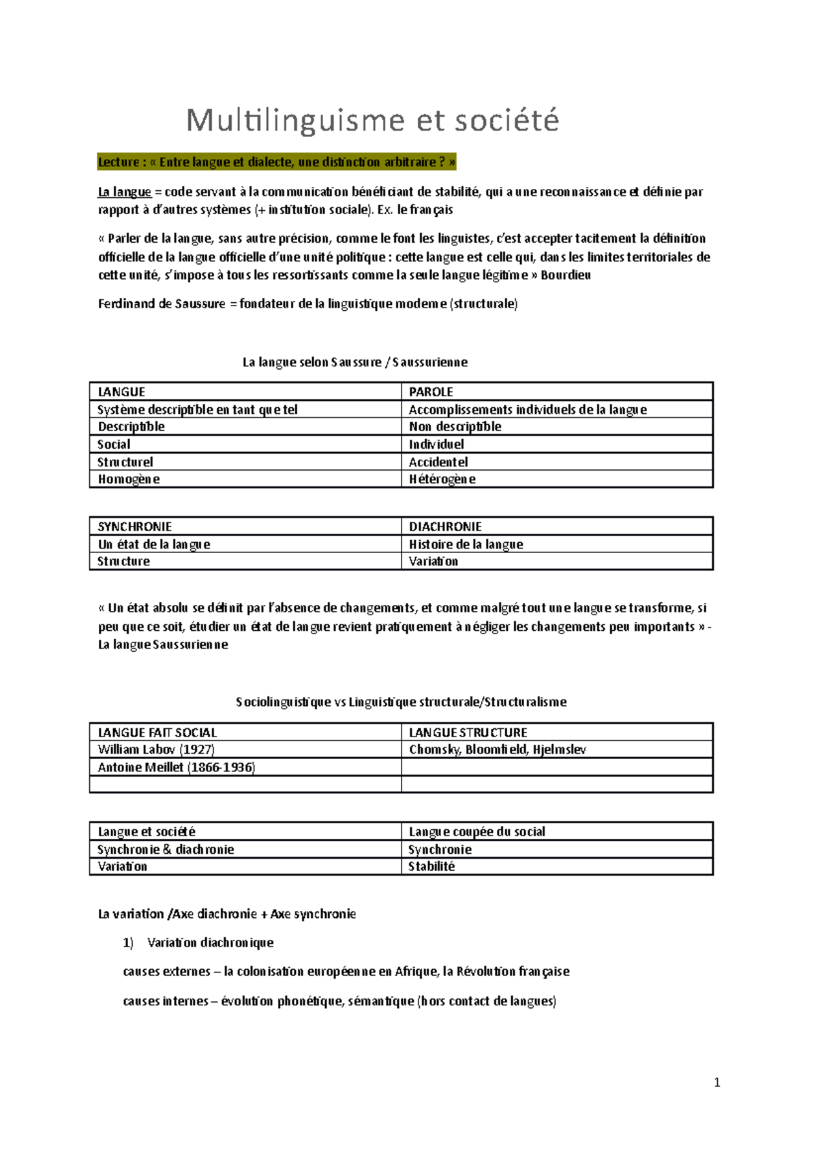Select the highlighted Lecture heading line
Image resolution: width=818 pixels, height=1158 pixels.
(x=276, y=162)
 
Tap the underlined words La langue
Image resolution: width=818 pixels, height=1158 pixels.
(x=124, y=192)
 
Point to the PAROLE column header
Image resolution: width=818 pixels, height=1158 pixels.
(x=431, y=391)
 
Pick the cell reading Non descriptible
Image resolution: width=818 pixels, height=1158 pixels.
(x=455, y=427)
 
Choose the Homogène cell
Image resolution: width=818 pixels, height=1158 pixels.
(x=129, y=479)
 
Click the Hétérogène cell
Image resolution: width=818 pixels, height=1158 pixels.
(x=442, y=479)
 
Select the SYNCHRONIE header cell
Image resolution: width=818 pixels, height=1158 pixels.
(x=134, y=526)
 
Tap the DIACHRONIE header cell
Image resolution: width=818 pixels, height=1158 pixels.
(x=445, y=526)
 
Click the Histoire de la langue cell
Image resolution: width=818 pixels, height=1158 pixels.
(x=466, y=544)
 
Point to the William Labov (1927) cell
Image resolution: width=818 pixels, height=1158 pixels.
(x=156, y=749)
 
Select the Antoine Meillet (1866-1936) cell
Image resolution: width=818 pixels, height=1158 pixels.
(x=176, y=767)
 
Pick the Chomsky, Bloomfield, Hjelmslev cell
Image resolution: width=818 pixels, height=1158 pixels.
(x=497, y=749)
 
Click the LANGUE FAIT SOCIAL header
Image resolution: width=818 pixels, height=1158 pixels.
(x=157, y=732)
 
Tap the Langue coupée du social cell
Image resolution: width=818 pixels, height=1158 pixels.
(x=476, y=831)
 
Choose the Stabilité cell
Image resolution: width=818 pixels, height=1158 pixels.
(x=431, y=867)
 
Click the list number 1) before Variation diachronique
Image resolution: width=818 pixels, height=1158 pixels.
(x=128, y=943)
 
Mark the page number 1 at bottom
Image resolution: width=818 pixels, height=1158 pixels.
(x=716, y=1082)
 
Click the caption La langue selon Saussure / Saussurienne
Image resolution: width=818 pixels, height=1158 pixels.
(x=354, y=362)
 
